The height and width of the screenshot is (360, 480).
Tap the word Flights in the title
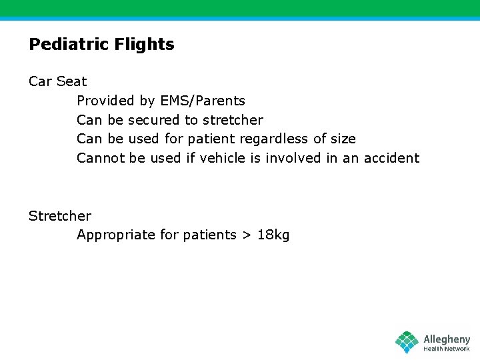[145, 45]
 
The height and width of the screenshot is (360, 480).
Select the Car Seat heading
[57, 81]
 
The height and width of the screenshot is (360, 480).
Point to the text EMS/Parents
[203, 101]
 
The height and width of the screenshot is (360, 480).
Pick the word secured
[153, 120]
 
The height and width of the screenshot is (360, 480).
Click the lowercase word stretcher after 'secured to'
[233, 120]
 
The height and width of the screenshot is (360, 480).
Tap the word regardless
[274, 139]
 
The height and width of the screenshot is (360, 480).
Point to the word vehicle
[223, 158]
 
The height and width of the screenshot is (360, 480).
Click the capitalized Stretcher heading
[60, 216]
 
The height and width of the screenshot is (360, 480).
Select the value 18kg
[273, 235]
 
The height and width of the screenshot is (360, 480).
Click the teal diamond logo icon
[407, 342]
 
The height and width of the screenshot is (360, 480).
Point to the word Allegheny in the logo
[447, 339]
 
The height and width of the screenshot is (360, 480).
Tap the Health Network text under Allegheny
[447, 349]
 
